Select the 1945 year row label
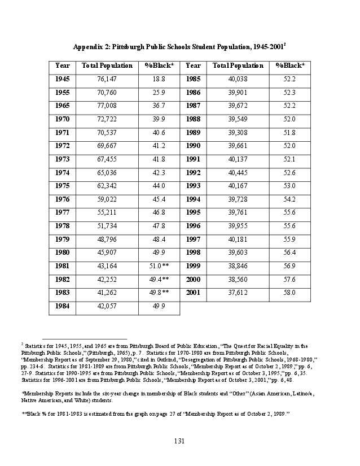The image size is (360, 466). (62, 79)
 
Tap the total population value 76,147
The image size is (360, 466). (107, 79)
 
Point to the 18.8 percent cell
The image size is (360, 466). (159, 79)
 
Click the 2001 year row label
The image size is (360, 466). (193, 293)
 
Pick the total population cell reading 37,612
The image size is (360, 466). (238, 293)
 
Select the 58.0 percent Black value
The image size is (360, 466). (289, 293)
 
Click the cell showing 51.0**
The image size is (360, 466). (159, 265)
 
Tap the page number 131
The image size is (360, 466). (179, 441)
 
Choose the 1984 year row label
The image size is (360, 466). (62, 306)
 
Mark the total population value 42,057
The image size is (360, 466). (107, 306)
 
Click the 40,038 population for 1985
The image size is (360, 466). (238, 79)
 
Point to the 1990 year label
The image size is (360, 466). (193, 146)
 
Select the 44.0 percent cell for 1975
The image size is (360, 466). (159, 186)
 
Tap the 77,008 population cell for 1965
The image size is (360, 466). (107, 106)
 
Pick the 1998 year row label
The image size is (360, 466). (193, 252)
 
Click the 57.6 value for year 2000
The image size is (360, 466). (289, 279)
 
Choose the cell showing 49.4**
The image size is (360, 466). (159, 279)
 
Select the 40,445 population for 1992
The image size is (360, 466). (238, 172)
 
